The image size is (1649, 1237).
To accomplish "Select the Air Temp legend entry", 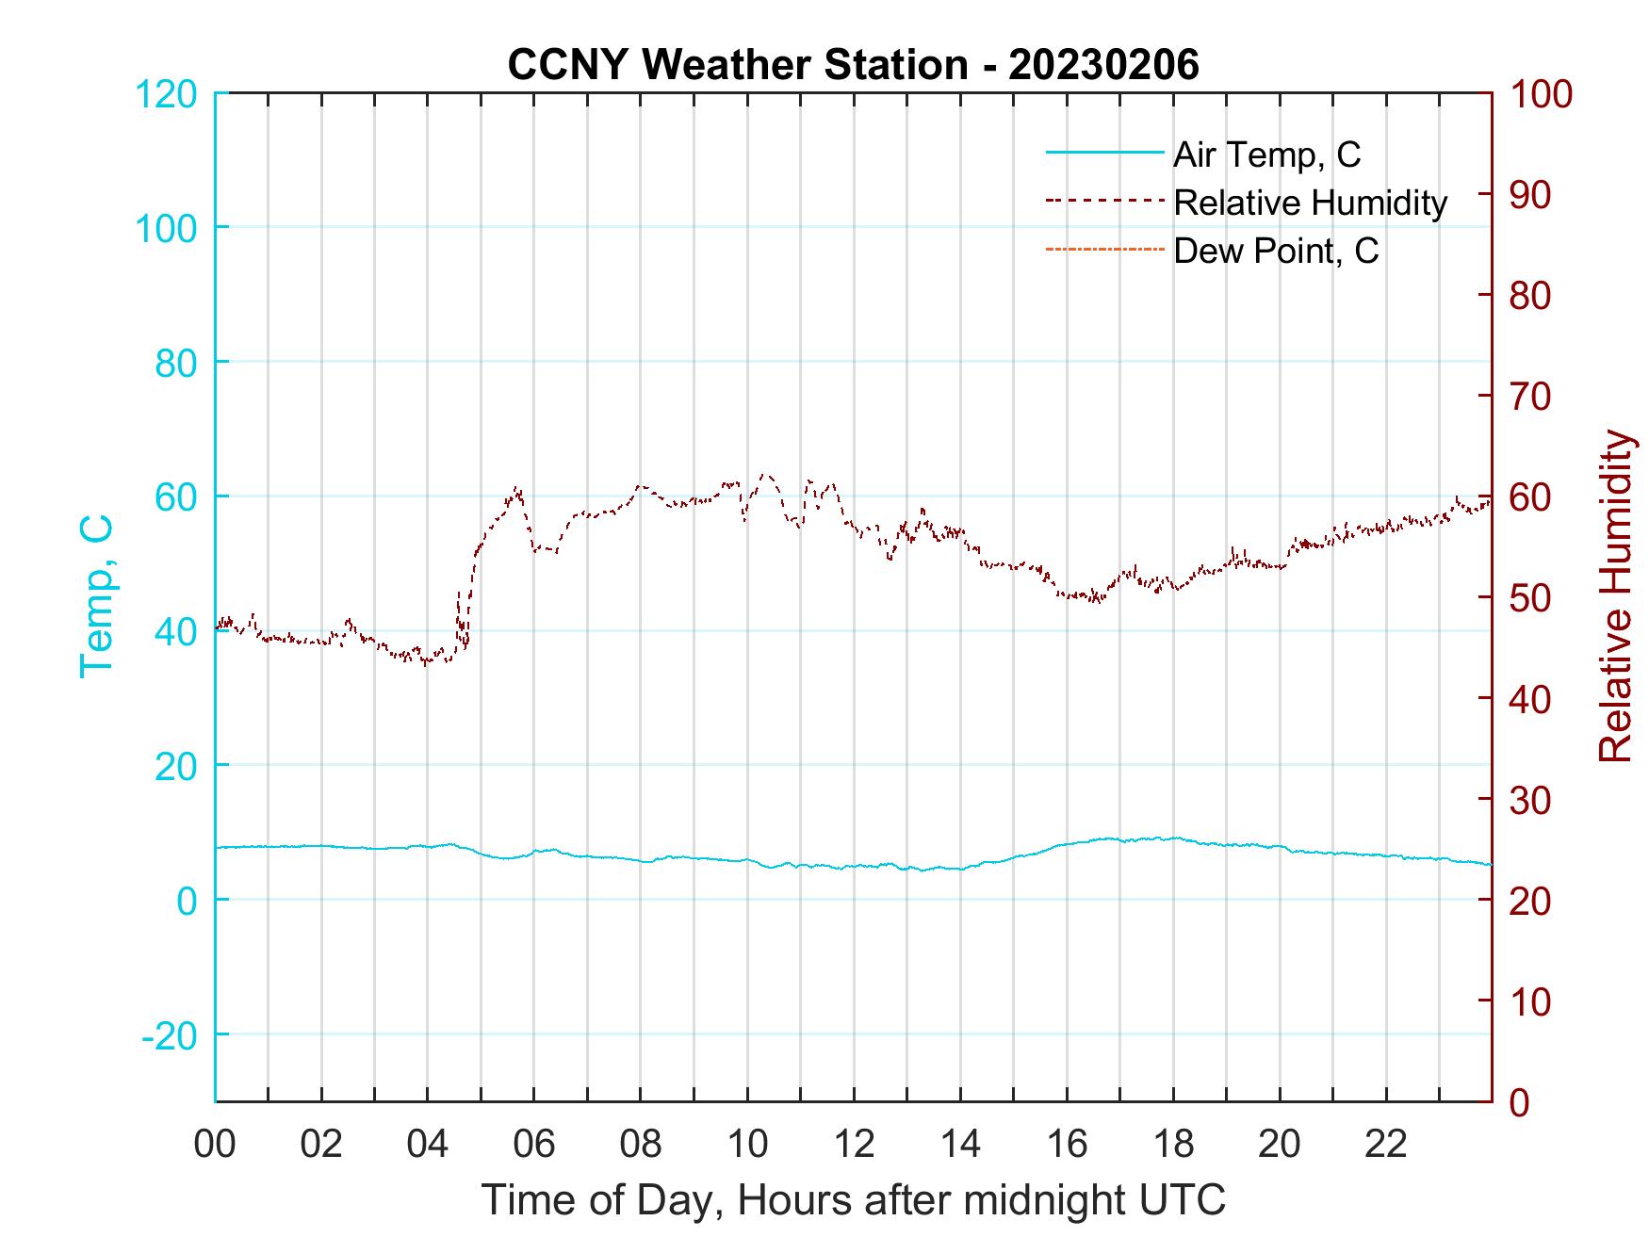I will coord(1265,155).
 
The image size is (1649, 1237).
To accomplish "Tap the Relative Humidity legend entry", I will coord(1310,203).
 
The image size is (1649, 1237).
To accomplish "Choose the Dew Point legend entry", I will coord(1275,251).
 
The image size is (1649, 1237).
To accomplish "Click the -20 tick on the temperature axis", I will coord(169,1035).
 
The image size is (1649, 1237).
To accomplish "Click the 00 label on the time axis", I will coord(215,1145).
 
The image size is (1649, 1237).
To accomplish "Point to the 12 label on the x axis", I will coord(854,1145).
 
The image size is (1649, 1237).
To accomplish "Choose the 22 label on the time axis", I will coord(1386,1145).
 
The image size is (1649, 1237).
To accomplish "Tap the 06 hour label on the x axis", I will coord(534,1145).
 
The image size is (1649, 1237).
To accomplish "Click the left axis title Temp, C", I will coord(96,595).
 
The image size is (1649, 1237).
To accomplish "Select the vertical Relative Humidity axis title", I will coord(1615,596).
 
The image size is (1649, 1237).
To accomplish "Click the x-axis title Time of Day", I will coord(853,1200).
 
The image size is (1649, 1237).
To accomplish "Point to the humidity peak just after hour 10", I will coord(764,475).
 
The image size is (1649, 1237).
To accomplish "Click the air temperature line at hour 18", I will coord(1174,838).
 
